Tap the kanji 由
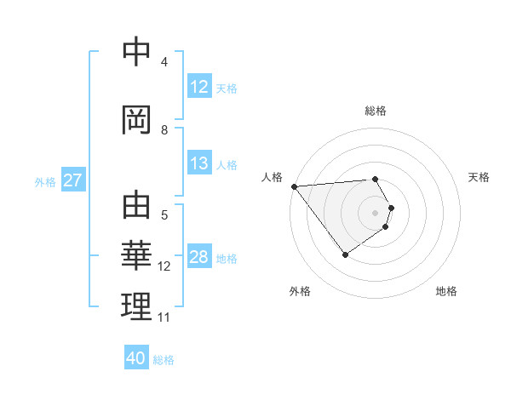pos(136,207)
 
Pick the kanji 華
pos(136,255)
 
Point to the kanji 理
pos(136,306)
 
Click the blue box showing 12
pos(199,87)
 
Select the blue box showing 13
pos(199,163)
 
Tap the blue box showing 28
pos(199,258)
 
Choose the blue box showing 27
pos(72,180)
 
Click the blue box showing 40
pos(136,358)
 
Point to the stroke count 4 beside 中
pos(164,62)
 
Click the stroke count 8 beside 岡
pos(164,130)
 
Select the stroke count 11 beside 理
pos(164,317)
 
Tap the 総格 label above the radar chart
pos(376,111)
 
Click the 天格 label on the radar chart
pos(479,177)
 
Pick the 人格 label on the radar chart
pos(272,177)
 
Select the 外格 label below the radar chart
pos(300,291)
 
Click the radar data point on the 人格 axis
pos(294,186)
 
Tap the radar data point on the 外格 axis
pos(345,254)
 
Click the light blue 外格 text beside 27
pos(45,181)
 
